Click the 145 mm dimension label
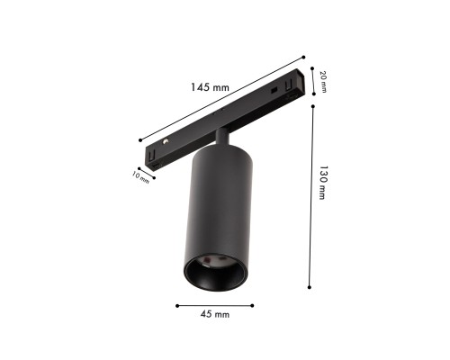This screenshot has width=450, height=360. pyautogui.click(x=211, y=88)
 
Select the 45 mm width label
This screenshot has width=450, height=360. pyautogui.click(x=215, y=315)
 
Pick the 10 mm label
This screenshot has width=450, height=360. pyautogui.click(x=140, y=176)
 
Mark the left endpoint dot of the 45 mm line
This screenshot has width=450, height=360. pyautogui.click(x=177, y=303)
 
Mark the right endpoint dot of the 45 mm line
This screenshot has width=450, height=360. pyautogui.click(x=253, y=303)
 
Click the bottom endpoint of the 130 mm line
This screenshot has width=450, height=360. pyautogui.click(x=310, y=287)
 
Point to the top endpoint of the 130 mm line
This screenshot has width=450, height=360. pyautogui.click(x=310, y=106)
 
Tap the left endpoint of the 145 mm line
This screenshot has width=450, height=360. pyautogui.click(x=141, y=139)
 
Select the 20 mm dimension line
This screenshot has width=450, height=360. pyautogui.click(x=312, y=81)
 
